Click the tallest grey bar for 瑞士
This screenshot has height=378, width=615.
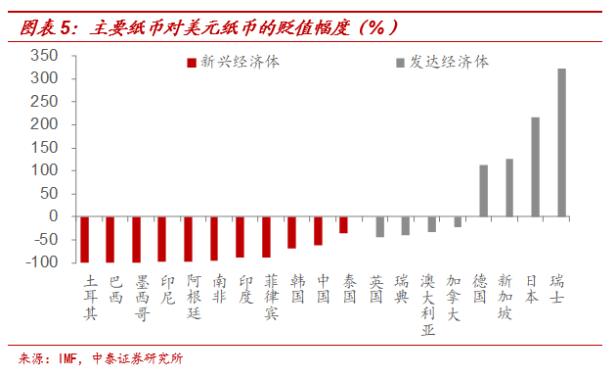pyautogui.click(x=561, y=143)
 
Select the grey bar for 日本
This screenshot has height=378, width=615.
pyautogui.click(x=535, y=167)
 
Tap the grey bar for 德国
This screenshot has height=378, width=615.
pyautogui.click(x=483, y=191)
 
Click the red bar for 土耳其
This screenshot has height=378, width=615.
pyautogui.click(x=85, y=239)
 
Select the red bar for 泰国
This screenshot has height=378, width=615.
pyautogui.click(x=344, y=225)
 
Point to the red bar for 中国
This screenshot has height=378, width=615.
pyautogui.click(x=318, y=231)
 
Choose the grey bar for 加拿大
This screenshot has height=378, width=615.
pyautogui.click(x=457, y=222)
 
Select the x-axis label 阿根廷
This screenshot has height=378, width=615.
pyautogui.click(x=194, y=299)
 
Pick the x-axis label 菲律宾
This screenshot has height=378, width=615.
pyautogui.click(x=271, y=299)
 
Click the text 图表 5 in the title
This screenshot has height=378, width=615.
pyautogui.click(x=42, y=28)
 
